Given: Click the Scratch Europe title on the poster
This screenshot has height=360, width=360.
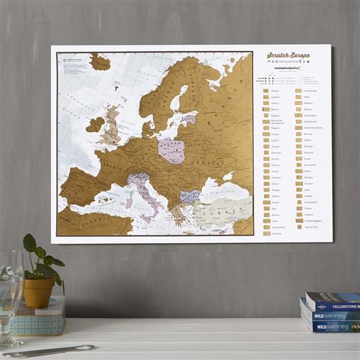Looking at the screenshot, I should [290, 56].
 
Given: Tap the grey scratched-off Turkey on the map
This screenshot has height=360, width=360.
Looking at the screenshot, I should [224, 207].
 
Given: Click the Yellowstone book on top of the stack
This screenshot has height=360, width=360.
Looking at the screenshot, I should [332, 301].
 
